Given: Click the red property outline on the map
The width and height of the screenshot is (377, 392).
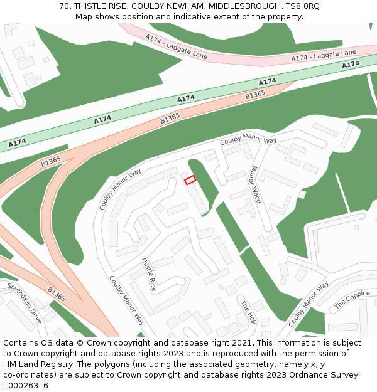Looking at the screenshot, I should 190,180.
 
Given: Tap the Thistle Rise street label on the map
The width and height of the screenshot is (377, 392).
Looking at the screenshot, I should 148,274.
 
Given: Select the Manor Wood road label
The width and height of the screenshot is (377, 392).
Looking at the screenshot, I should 254,184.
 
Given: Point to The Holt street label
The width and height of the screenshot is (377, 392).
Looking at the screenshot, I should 248,311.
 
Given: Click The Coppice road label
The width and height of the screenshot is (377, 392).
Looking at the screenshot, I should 352,299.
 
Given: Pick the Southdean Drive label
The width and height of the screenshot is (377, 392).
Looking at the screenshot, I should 25,303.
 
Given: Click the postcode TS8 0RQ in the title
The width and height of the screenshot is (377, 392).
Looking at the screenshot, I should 303,6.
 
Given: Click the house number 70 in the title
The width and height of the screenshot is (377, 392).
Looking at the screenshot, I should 64,6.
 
